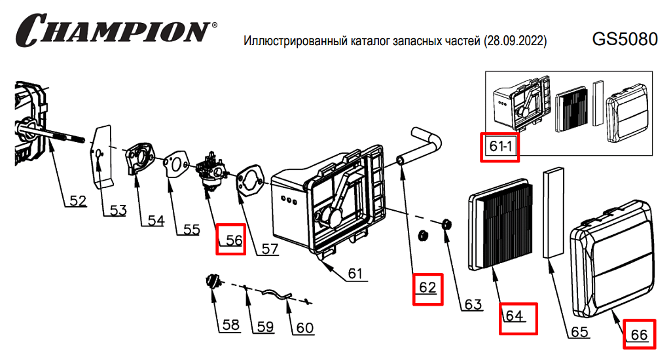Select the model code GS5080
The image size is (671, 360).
click(624, 39)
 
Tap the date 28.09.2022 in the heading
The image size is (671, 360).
click(515, 41)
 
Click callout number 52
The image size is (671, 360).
click(77, 201)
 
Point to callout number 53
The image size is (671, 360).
click(117, 210)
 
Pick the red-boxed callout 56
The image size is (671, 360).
click(232, 240)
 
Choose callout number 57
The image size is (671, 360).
click(269, 249)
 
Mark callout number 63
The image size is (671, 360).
click(473, 304)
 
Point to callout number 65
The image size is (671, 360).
click(579, 332)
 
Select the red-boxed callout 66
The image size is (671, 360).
click(638, 334)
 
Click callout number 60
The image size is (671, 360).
click(305, 327)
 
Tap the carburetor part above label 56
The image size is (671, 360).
click(211, 171)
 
